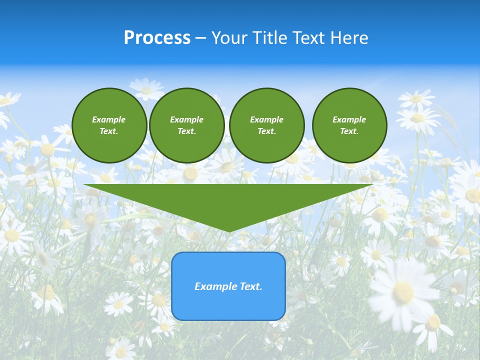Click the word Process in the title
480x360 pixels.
point(157,38)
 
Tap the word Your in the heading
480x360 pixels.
point(228,38)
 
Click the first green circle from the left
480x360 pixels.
point(109,125)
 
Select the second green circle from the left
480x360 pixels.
point(186,125)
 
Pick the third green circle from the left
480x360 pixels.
point(266,125)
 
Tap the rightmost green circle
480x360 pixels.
point(349,125)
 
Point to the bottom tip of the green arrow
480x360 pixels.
point(229,231)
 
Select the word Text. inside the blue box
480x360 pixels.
point(251,286)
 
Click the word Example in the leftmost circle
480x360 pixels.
point(109,119)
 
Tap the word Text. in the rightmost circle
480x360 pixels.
point(349,131)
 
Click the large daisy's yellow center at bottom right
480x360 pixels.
point(403,292)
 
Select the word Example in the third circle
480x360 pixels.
point(266,119)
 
